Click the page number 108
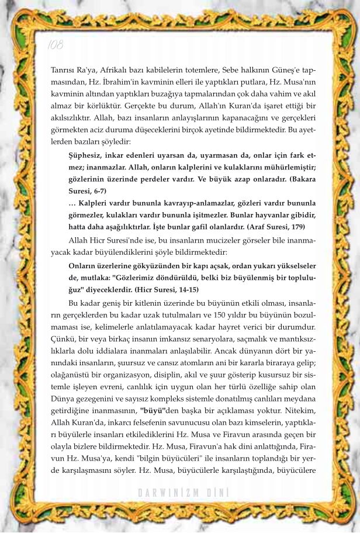[x=54, y=44]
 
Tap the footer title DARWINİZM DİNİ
[x=183, y=492]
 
